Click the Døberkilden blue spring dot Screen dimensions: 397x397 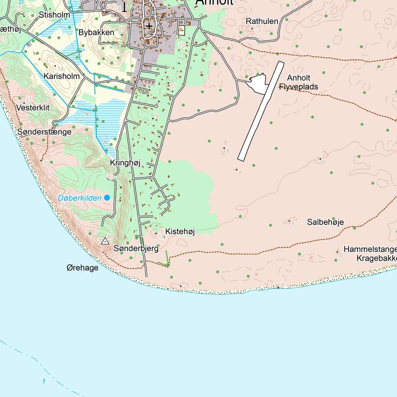107,198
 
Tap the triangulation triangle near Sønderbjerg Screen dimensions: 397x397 105,242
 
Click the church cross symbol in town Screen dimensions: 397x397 149,26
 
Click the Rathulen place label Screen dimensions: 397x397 262,21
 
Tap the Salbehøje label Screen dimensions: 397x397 325,222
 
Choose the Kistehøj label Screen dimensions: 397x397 180,231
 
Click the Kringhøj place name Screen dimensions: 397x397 125,163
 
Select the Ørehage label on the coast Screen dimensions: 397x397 82,268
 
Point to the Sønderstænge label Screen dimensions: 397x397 44,132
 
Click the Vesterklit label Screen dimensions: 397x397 33,107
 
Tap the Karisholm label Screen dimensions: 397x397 62,76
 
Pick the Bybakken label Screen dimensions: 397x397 96,33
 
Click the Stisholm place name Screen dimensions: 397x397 55,15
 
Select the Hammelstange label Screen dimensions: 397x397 370,249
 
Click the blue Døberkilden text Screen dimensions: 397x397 79,198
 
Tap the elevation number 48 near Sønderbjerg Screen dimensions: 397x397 110,237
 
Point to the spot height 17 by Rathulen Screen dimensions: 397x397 257,31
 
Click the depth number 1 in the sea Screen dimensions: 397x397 44,381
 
